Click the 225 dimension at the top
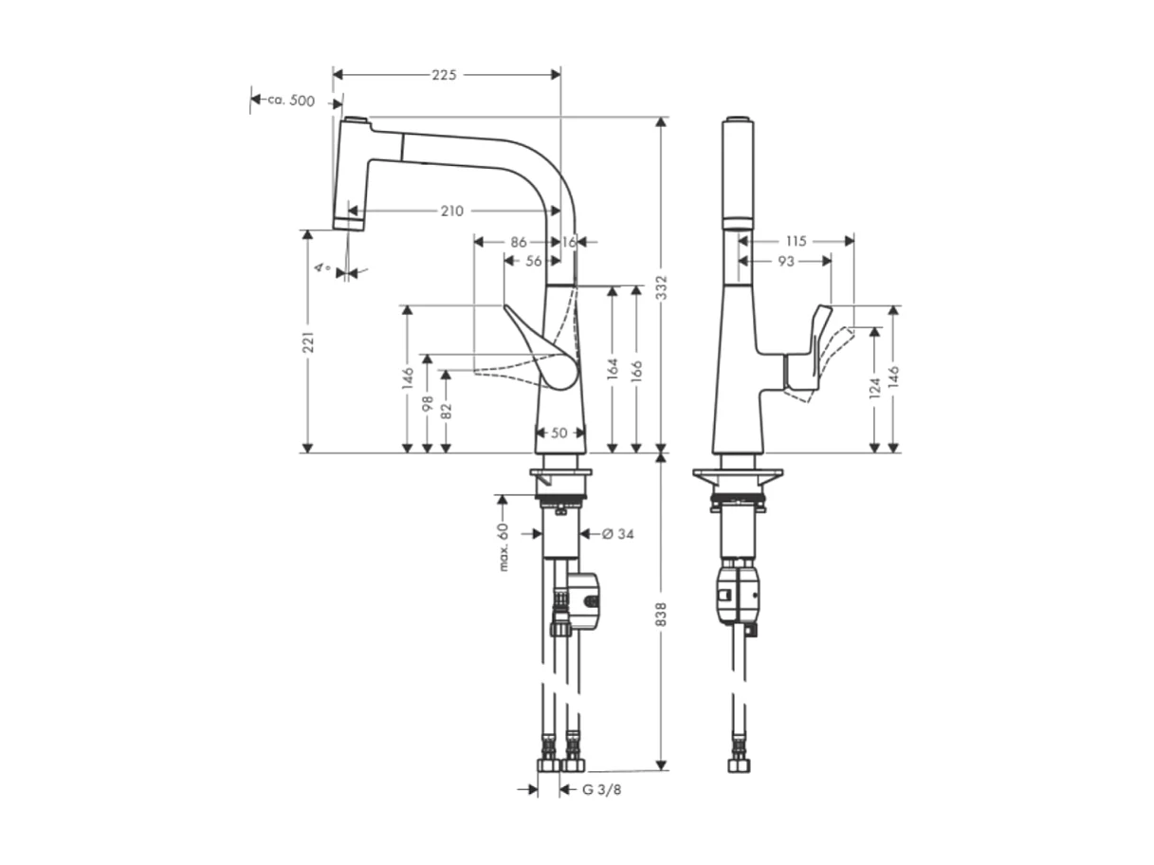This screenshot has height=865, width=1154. (445, 75)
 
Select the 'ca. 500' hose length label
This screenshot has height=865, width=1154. (290, 101)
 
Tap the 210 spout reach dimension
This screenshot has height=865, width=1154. (451, 211)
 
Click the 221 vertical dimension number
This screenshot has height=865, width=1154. (307, 342)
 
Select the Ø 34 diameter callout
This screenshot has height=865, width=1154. (618, 534)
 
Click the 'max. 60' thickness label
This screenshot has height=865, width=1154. (504, 547)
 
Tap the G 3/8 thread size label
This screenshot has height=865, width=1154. (602, 789)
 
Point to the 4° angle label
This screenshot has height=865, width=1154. (323, 268)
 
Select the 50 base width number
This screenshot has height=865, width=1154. (559, 432)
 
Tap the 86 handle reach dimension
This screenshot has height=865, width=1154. (518, 242)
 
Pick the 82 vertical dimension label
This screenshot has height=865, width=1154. (446, 411)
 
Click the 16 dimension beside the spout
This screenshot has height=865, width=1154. (569, 242)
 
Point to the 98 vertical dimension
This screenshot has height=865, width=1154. (428, 403)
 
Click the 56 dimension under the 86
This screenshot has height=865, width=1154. (534, 261)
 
